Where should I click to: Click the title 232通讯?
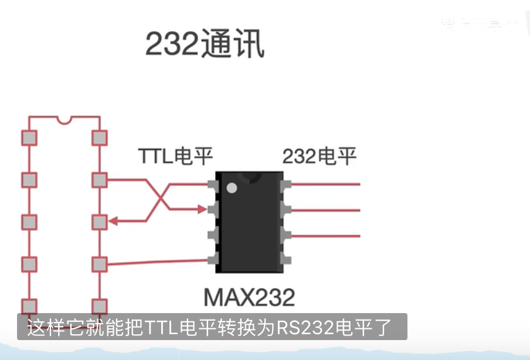(x=205, y=45)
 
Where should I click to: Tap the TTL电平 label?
(x=175, y=156)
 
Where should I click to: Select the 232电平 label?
(x=320, y=156)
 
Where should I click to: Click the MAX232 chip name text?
(x=249, y=297)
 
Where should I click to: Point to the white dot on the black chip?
(x=232, y=188)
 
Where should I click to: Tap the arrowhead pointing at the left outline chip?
(x=113, y=222)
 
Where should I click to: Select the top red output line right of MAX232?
(x=325, y=185)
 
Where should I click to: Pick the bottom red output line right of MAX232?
(x=325, y=236)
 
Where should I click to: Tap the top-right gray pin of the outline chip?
(x=99, y=138)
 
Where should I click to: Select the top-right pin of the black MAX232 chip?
(x=286, y=185)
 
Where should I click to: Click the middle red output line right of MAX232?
(x=325, y=210)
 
